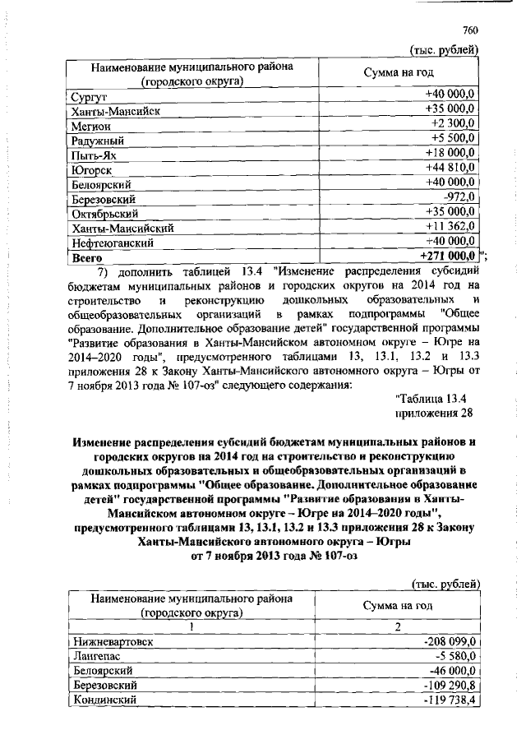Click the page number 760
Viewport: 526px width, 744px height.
(470, 30)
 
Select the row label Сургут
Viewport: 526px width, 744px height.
(89, 97)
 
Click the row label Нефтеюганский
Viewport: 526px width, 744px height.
(112, 244)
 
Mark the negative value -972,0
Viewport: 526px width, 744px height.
(460, 197)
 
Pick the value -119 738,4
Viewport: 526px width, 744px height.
(450, 700)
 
